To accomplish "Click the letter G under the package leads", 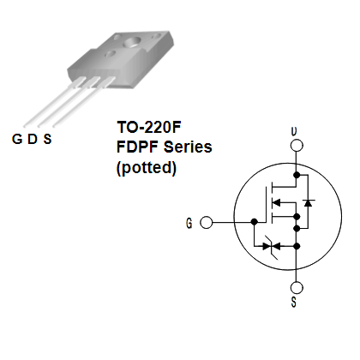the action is click(17, 139).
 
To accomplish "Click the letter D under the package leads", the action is click(33, 139).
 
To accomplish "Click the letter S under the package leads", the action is click(47, 139).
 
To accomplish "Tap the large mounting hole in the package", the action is click(132, 42).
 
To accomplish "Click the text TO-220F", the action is click(149, 127).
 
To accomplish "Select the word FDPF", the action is click(138, 147).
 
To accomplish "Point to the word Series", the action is click(188, 147).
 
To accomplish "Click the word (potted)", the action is click(147, 167).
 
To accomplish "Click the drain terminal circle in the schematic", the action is click(297, 145).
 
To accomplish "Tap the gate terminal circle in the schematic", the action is click(206, 222).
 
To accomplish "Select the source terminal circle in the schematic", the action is click(297, 288).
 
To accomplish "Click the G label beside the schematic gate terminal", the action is click(189, 223).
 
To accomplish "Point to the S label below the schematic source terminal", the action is click(294, 302).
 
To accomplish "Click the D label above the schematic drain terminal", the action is click(294, 131).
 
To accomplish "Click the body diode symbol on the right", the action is click(308, 202).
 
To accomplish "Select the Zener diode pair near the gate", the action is click(271, 246).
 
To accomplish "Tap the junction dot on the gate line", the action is click(254, 221).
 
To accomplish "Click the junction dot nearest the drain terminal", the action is click(297, 175).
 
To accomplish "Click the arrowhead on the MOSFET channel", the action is click(276, 202).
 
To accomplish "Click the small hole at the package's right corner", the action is click(156, 36).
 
